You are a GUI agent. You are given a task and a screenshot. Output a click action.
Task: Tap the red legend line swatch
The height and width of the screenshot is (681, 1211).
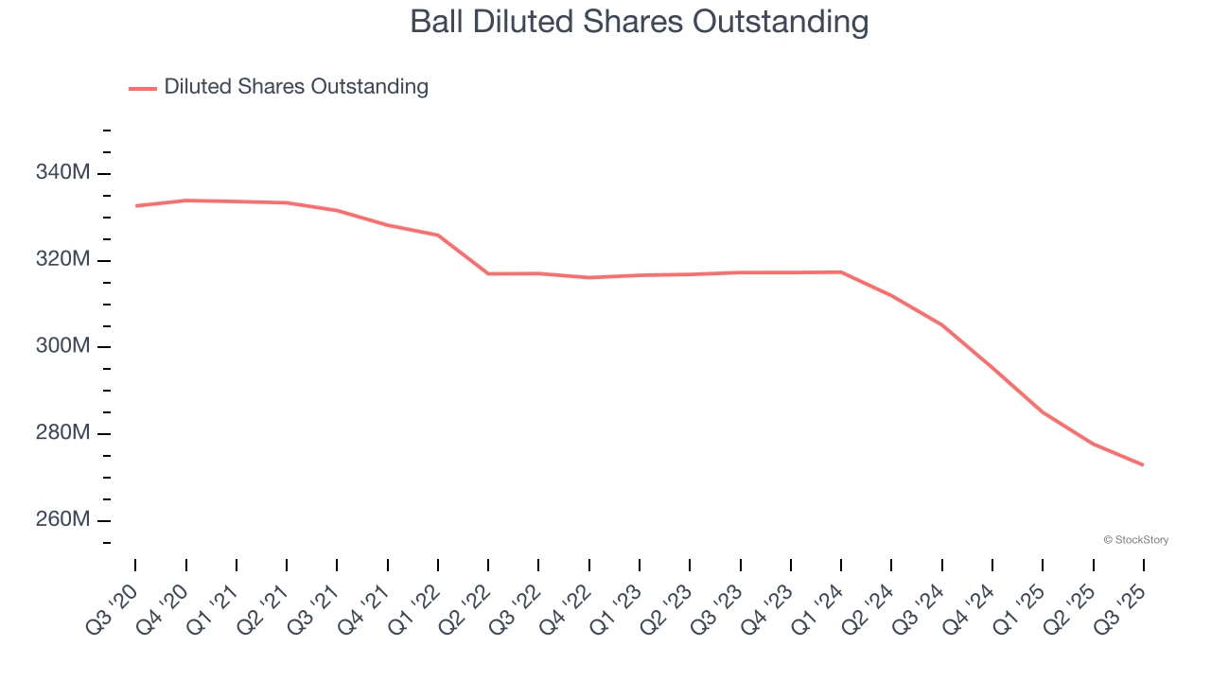point(143,88)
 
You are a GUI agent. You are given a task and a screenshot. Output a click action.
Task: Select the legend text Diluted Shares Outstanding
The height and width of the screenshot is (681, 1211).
point(296,87)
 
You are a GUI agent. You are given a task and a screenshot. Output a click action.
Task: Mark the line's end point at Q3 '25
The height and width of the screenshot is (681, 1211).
point(1143,464)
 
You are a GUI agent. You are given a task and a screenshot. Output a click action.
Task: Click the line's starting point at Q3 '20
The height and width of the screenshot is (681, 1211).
point(135,205)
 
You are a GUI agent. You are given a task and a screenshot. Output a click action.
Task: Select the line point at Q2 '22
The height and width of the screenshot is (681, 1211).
point(488,273)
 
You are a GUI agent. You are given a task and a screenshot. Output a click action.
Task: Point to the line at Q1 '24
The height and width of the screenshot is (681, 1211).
point(841,272)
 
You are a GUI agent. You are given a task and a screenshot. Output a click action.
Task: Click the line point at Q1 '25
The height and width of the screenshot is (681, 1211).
point(1043,412)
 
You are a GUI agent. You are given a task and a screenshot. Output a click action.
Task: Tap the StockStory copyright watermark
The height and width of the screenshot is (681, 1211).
point(1135,540)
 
